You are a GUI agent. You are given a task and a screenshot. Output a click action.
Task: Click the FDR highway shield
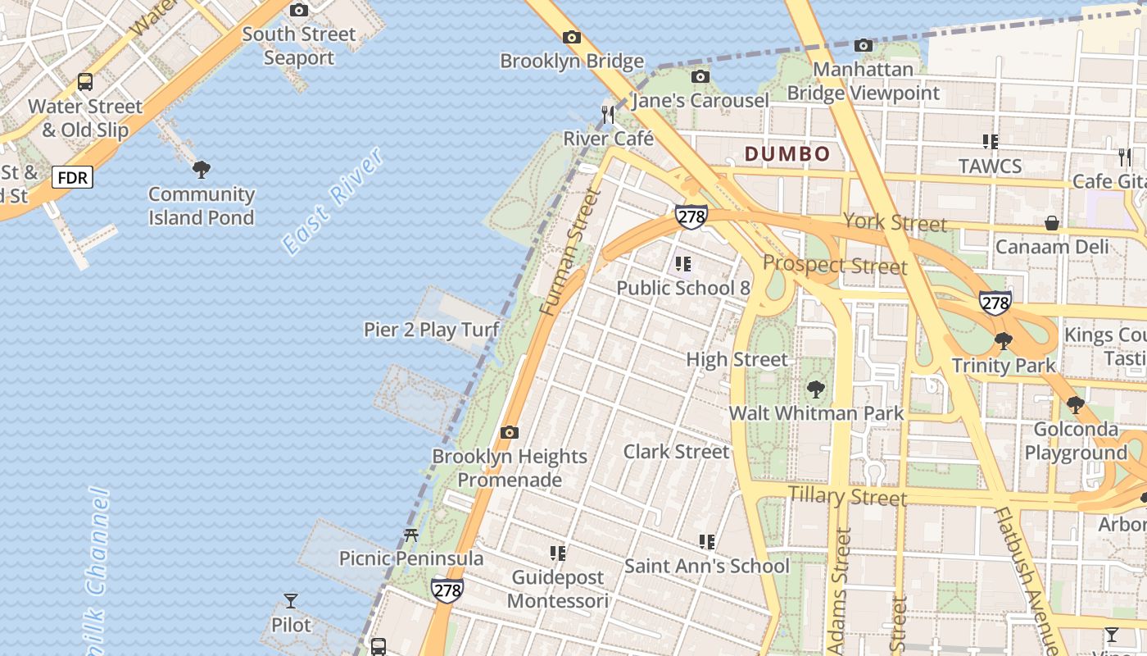pyautogui.click(x=73, y=176)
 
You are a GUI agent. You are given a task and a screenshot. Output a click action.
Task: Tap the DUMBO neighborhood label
pyautogui.click(x=787, y=154)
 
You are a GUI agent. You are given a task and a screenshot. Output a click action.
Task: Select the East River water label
pyautogui.click(x=332, y=201)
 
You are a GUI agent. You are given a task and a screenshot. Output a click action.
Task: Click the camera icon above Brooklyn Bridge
pyautogui.click(x=572, y=37)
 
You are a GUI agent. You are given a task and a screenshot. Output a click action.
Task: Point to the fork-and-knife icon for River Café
pyautogui.click(x=607, y=115)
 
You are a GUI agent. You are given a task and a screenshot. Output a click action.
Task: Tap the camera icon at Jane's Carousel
pyautogui.click(x=700, y=77)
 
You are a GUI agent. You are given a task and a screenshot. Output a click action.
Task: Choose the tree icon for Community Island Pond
pyautogui.click(x=201, y=170)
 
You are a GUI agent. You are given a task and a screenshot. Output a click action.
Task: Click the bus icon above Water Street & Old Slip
pyautogui.click(x=85, y=82)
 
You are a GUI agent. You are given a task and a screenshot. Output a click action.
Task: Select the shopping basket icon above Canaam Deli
pyautogui.click(x=1051, y=223)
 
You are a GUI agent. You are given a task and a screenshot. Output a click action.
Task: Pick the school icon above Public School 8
pyautogui.click(x=682, y=264)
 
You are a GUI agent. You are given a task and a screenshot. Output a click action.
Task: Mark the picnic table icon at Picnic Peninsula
pyautogui.click(x=411, y=535)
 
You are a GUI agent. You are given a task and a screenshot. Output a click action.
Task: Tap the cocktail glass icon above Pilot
pyautogui.click(x=291, y=601)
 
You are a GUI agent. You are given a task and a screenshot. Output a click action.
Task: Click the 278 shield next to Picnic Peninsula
pyautogui.click(x=447, y=590)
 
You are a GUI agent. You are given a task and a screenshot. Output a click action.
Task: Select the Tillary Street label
pyautogui.click(x=847, y=496)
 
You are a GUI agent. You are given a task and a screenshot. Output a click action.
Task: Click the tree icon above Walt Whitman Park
pyautogui.click(x=815, y=389)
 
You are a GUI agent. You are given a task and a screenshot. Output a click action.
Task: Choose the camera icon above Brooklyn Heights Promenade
pyautogui.click(x=510, y=432)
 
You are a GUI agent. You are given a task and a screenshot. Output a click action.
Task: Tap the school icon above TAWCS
pyautogui.click(x=990, y=142)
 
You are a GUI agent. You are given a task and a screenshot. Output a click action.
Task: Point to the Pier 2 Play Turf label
pyautogui.click(x=432, y=330)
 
